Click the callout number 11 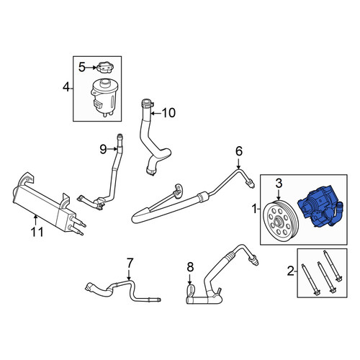click(37, 232)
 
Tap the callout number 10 click(168, 112)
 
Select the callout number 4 click(66, 87)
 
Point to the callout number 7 click(130, 263)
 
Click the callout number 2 click(291, 271)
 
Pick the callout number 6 click(239, 151)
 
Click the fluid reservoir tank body click(104, 98)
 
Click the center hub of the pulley click(279, 221)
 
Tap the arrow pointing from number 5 click(91, 68)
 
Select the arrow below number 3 click(279, 194)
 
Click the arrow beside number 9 click(112, 149)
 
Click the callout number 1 click(255, 209)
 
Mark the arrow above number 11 click(36, 220)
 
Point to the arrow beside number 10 click(156, 113)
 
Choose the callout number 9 click(103, 150)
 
